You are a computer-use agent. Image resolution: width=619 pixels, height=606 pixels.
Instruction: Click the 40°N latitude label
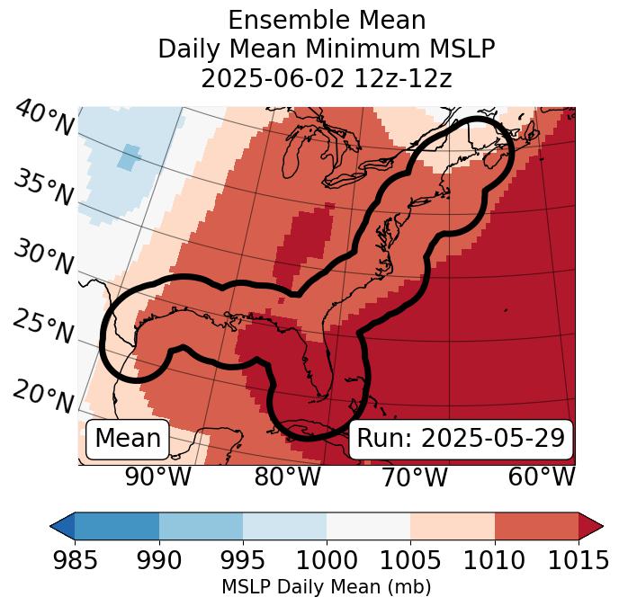43,119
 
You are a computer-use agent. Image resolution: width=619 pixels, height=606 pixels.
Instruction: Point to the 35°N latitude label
42,188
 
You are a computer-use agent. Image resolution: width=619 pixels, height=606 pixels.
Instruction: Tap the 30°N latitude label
42,258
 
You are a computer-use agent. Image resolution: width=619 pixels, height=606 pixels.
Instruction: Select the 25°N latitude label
42,327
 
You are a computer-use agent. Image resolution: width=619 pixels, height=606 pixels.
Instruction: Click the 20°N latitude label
42,396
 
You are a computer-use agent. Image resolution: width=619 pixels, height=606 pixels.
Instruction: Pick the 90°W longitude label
157,477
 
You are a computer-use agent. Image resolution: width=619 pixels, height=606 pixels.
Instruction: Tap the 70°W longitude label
414,477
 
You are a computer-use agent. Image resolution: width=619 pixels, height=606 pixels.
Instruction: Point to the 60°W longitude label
541,477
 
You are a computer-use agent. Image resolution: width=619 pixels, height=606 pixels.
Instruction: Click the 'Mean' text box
128,439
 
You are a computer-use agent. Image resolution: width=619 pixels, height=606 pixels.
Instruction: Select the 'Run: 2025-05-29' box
461,439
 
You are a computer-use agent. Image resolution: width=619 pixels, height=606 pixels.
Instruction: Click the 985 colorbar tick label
75,561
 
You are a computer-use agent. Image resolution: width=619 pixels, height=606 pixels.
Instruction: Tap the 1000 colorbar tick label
327,561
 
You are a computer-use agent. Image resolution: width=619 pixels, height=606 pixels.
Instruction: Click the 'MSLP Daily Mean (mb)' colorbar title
326,588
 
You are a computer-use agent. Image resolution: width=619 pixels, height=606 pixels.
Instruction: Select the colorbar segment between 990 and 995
201,525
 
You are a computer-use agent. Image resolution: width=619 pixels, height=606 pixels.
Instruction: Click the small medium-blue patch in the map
129,157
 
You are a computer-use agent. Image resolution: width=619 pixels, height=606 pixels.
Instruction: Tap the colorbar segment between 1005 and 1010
453,525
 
